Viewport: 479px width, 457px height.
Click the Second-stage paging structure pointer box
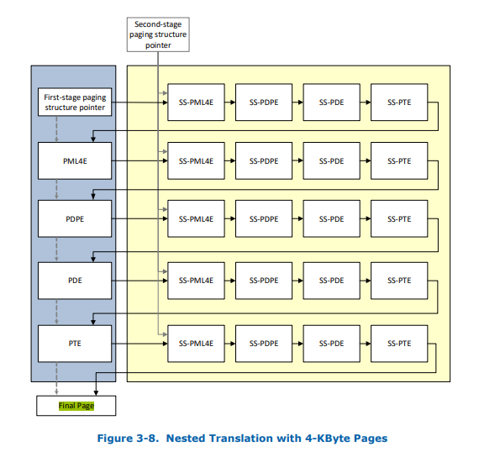click(x=159, y=34)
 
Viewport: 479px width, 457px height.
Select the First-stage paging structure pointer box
click(x=76, y=102)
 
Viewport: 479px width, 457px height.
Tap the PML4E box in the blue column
click(x=76, y=160)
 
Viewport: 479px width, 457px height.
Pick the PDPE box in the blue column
click(x=76, y=218)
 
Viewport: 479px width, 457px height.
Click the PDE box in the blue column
click(x=76, y=280)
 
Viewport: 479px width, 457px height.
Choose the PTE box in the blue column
click(x=76, y=344)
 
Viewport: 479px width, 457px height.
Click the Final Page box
click(x=76, y=406)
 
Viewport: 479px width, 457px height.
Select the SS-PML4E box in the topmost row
click(x=196, y=102)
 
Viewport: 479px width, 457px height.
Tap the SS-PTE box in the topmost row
click(x=398, y=102)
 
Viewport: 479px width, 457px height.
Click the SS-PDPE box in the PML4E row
click(x=264, y=160)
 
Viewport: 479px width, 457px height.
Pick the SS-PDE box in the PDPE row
click(x=331, y=218)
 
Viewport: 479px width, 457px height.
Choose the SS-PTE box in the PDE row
click(x=398, y=280)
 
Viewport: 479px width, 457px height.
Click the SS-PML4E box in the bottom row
click(x=196, y=344)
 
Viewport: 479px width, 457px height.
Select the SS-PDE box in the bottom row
click(x=331, y=344)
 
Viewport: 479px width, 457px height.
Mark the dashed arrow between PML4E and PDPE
click(x=56, y=189)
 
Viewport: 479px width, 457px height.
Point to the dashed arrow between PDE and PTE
click(x=56, y=311)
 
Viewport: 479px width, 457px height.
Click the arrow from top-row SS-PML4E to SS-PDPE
click(x=229, y=102)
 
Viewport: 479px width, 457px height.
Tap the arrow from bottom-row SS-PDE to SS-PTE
click(x=365, y=344)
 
